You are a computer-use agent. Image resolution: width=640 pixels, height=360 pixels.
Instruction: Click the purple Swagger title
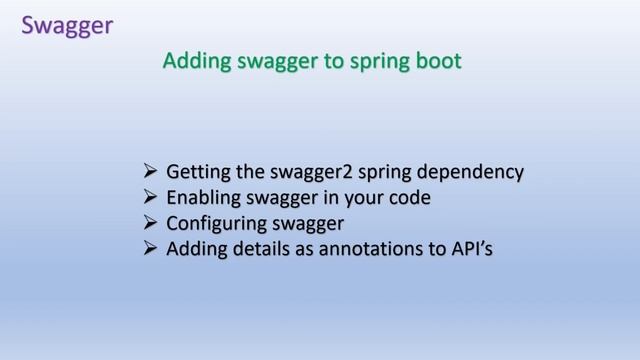(67, 24)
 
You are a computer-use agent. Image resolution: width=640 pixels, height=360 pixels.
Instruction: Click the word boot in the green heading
(438, 62)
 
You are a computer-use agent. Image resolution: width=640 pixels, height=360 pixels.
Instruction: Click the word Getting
(196, 172)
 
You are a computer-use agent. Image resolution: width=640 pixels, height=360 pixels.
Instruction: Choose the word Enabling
(202, 197)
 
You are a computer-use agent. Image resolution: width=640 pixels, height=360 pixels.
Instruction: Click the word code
(409, 197)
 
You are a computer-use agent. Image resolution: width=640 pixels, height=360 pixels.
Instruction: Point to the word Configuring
(211, 223)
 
